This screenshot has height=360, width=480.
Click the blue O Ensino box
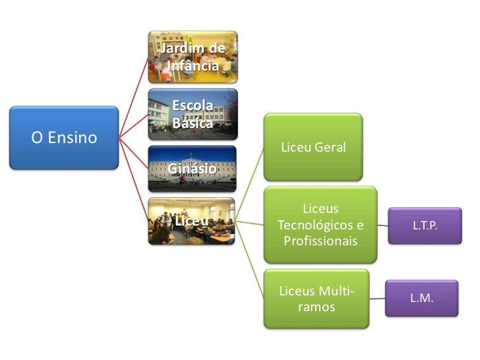coord(63,138)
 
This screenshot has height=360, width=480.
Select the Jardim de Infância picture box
coord(193,57)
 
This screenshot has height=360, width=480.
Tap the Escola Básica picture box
coord(193,113)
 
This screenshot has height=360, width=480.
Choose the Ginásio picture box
coord(193,168)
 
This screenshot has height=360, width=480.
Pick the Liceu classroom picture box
coord(193,221)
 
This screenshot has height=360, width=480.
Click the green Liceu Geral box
coord(313,146)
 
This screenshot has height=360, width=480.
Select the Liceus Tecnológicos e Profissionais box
coord(320,225)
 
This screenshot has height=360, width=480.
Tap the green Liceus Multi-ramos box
coord(316,299)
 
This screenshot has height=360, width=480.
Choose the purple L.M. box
coord(422,298)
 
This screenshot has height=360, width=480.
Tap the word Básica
coord(193,123)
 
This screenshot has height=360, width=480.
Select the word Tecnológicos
coord(320,225)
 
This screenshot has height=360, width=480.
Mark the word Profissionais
coord(320,241)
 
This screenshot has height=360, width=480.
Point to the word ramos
coord(316,307)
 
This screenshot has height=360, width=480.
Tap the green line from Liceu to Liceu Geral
coord(251,184)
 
